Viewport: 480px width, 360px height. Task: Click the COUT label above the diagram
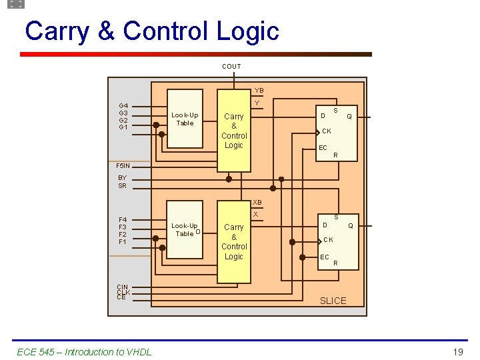[x=231, y=67]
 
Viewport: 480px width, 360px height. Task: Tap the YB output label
[x=259, y=91]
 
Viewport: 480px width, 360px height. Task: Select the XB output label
[x=257, y=202]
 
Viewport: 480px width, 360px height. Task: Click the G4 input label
[x=123, y=105]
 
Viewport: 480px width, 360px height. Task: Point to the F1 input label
[x=123, y=242]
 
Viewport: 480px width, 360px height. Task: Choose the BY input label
[x=122, y=178]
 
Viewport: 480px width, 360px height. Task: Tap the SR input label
[x=122, y=186]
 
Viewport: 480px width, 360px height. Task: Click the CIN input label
[x=122, y=287]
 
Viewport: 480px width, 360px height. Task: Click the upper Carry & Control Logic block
[x=234, y=131]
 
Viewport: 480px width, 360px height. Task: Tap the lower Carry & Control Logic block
[x=234, y=241]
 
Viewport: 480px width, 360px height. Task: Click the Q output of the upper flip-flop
[x=349, y=116]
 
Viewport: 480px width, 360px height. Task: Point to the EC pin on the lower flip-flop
[x=325, y=257]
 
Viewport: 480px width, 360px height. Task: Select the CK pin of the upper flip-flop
[x=327, y=131]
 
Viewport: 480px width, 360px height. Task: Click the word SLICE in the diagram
[x=333, y=301]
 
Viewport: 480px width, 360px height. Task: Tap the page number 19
[x=457, y=351]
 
